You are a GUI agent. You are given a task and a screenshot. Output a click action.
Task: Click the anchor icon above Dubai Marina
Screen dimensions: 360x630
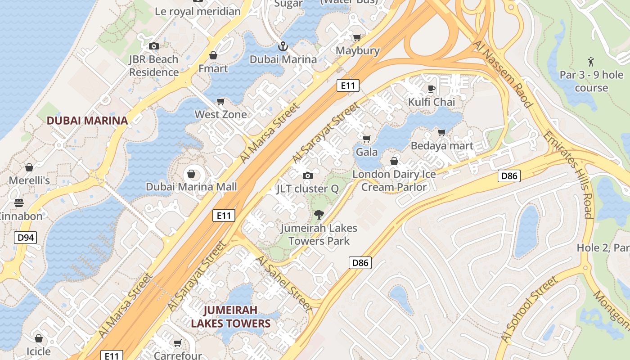283,46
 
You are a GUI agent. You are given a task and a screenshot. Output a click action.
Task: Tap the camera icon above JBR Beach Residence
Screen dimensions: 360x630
154,46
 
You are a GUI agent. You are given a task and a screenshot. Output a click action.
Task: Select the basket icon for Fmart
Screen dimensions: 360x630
213,56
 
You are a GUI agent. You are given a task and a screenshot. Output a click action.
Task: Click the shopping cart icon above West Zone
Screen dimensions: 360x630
220,102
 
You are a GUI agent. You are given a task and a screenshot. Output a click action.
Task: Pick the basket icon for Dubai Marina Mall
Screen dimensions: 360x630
191,174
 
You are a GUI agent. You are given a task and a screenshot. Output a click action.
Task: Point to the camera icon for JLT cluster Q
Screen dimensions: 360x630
308,175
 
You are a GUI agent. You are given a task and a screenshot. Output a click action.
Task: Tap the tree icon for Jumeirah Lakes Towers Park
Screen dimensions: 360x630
319,215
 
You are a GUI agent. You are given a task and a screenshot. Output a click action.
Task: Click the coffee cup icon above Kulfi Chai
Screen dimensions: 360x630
431,89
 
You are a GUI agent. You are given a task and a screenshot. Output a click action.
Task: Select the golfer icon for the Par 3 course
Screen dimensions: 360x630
591,62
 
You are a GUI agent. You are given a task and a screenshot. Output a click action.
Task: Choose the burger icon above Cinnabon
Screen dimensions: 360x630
19,203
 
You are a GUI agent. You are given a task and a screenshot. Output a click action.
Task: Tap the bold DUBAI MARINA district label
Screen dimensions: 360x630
87,121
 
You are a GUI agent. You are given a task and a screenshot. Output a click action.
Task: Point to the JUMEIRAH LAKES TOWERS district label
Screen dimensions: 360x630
230,317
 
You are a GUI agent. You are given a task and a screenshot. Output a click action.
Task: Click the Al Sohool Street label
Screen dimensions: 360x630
529,310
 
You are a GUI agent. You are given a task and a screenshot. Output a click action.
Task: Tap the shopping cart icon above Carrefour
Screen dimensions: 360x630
178,343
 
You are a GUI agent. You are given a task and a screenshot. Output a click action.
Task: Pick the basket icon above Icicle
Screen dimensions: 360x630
39,338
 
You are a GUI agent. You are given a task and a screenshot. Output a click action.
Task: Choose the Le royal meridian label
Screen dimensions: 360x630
198,11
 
